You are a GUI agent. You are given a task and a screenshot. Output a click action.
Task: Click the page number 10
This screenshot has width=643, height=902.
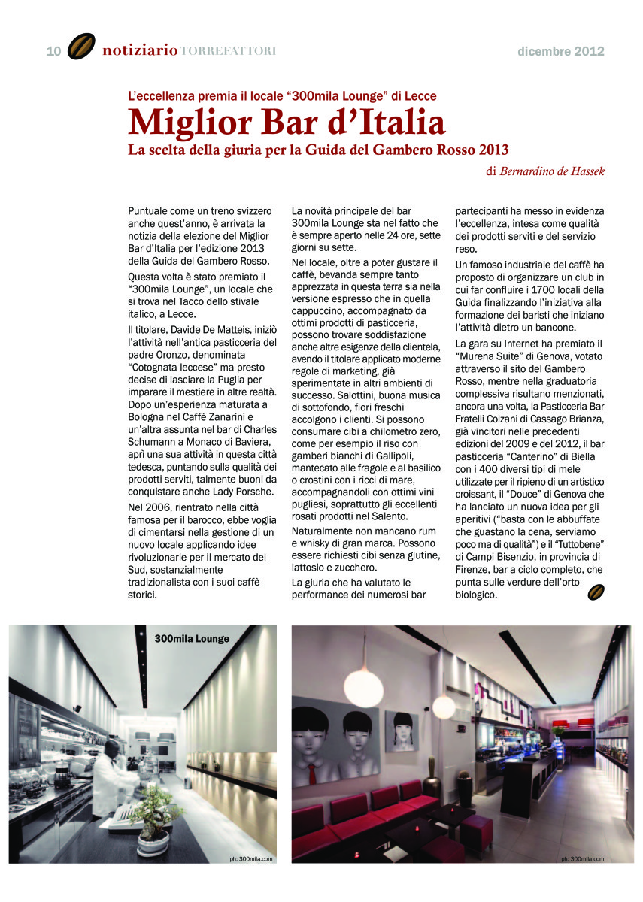coord(53,51)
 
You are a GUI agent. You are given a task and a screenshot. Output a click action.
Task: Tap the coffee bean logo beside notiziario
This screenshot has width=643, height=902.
coord(81,47)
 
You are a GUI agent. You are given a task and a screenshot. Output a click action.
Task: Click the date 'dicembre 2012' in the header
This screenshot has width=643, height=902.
coord(561,52)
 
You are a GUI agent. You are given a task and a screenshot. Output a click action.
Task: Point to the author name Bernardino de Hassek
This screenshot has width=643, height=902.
coord(552,171)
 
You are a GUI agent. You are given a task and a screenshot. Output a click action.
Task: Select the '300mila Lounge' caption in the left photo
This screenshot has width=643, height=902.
coord(192,639)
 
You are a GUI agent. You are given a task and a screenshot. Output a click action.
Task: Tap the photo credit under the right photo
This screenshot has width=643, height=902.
coord(581,858)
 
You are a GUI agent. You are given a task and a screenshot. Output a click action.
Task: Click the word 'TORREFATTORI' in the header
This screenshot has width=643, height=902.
coord(228,51)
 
